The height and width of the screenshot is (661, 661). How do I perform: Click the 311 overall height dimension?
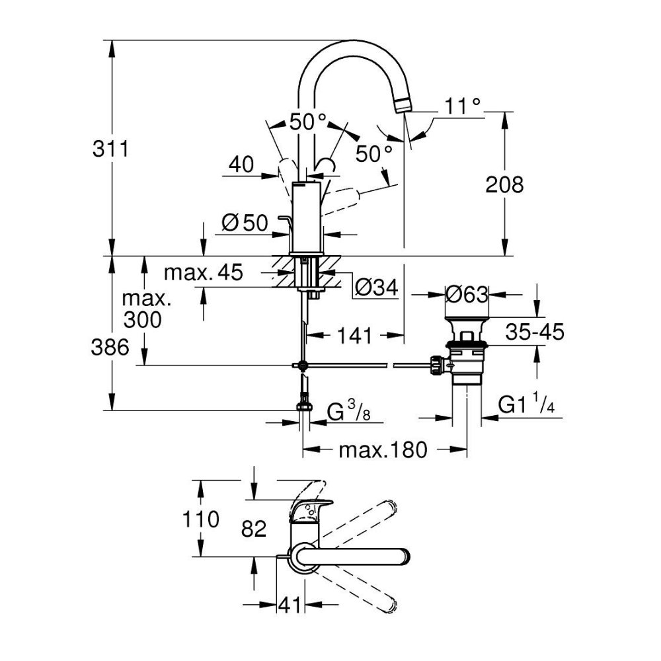pyautogui.click(x=110, y=149)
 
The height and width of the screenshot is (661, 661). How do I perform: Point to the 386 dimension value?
pyautogui.click(x=110, y=347)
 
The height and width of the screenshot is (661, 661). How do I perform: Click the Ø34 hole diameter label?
pyautogui.click(x=375, y=287)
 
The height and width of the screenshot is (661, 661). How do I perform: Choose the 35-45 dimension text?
pyautogui.click(x=535, y=332)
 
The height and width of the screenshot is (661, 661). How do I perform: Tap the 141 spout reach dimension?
pyautogui.click(x=356, y=336)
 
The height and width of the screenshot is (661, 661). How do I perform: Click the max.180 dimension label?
pyautogui.click(x=383, y=450)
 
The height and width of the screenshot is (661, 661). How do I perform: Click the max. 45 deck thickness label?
pyautogui.click(x=204, y=272)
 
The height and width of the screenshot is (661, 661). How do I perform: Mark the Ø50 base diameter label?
pyautogui.click(x=245, y=223)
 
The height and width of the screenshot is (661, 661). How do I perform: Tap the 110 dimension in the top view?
pyautogui.click(x=200, y=520)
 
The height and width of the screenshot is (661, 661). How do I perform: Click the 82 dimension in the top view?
pyautogui.click(x=253, y=528)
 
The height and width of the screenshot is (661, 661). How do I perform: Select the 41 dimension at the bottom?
pyautogui.click(x=291, y=604)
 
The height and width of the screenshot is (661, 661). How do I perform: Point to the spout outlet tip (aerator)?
pyautogui.click(x=403, y=104)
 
